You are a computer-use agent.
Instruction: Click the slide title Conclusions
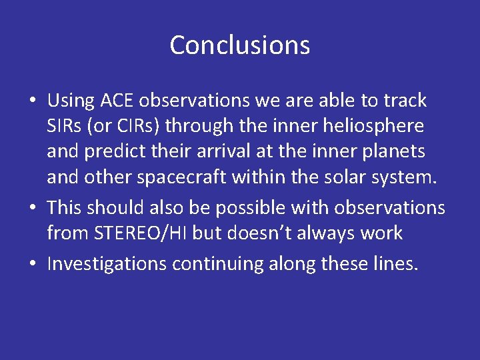(x=239, y=45)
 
